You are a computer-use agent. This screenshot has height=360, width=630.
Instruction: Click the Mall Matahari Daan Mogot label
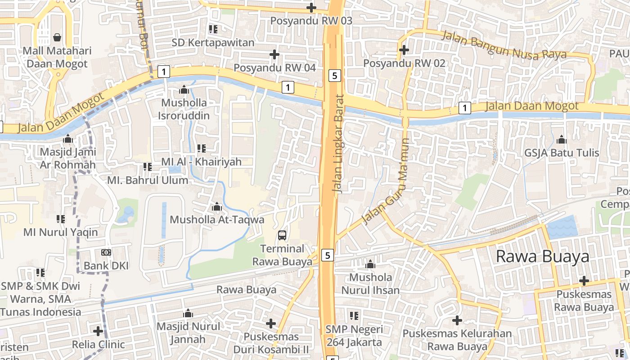tap(57, 57)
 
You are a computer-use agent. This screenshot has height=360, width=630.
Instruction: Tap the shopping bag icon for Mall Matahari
tap(57, 37)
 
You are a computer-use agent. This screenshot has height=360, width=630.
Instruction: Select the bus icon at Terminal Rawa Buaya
tap(282, 235)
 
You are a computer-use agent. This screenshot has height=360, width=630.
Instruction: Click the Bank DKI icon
tap(106, 252)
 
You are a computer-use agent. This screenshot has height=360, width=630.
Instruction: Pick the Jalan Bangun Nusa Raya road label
tap(504, 45)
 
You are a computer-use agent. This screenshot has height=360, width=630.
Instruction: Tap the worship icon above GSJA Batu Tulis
tap(562, 139)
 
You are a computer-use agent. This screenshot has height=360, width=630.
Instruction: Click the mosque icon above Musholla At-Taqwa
tap(217, 207)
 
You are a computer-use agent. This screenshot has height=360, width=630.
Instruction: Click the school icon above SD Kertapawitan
tap(213, 30)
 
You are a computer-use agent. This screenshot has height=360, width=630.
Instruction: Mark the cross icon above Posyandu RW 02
tap(404, 49)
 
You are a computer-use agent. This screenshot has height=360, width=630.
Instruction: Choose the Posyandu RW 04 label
tap(274, 67)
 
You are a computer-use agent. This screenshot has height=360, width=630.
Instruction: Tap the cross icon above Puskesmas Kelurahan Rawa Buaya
tap(457, 320)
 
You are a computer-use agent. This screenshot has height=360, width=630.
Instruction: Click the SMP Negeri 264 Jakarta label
tap(354, 336)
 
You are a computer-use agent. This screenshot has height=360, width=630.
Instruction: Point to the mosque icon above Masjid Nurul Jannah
tap(188, 313)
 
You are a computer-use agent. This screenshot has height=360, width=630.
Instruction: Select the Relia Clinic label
tap(98, 345)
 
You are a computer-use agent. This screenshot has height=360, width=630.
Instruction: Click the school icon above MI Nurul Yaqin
tap(61, 219)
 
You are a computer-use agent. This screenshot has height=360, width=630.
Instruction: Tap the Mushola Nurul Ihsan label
tap(370, 283)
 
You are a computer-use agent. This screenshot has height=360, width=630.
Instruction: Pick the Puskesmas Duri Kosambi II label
tap(271, 343)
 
